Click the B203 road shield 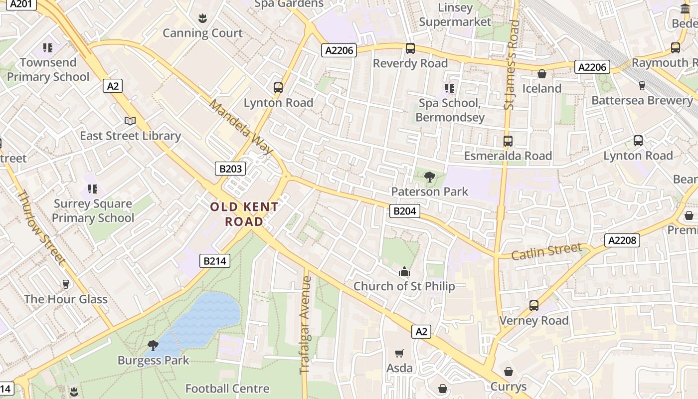[x=230, y=169]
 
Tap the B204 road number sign [x=404, y=211]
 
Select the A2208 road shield [x=623, y=240]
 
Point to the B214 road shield [x=215, y=260]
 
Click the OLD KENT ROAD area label [x=244, y=214]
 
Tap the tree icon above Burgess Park [x=153, y=345]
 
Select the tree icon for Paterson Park [x=429, y=177]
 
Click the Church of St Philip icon [x=404, y=271]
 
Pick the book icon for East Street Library [x=130, y=121]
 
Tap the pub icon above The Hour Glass [x=65, y=284]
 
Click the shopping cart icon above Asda [x=399, y=353]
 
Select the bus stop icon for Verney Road [x=533, y=305]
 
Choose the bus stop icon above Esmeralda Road [x=508, y=141]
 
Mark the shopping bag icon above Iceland [x=541, y=74]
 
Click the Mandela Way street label [x=241, y=127]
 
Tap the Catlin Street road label [x=546, y=250]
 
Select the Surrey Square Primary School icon [x=93, y=189]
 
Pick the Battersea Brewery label [x=642, y=100]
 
